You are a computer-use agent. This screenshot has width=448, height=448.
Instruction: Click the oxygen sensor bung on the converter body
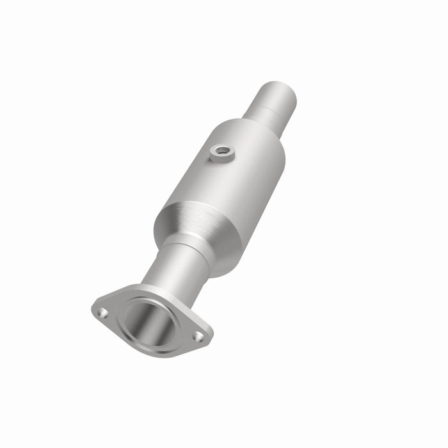coord(221,154)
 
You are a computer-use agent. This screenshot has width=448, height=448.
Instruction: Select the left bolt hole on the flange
coord(102,312)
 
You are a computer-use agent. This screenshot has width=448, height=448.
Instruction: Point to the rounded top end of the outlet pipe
coord(280,90)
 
